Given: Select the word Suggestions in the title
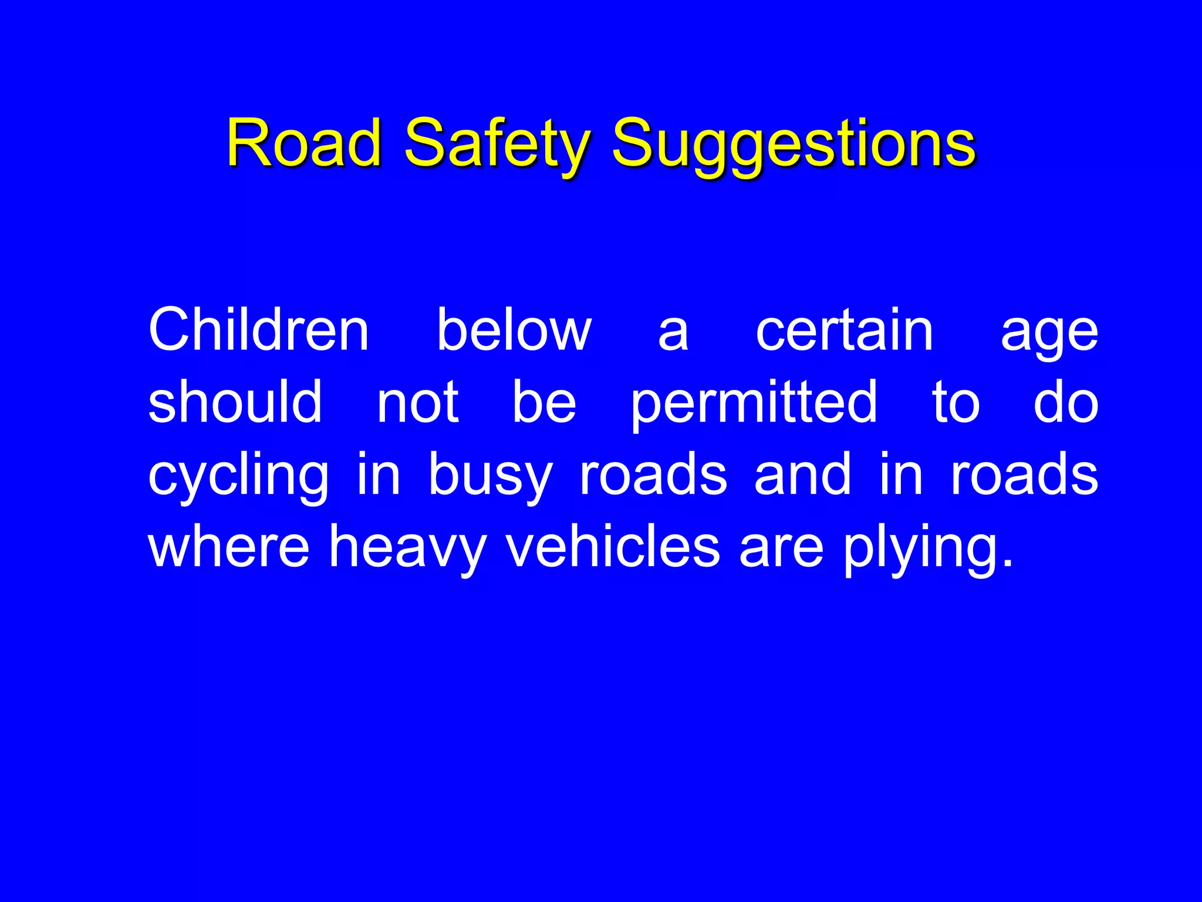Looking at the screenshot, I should click(x=794, y=145).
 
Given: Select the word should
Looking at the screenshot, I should click(x=235, y=402).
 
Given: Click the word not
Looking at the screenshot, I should click(x=417, y=403).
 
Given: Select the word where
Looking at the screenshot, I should click(x=228, y=547).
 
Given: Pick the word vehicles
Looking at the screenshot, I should click(x=613, y=547).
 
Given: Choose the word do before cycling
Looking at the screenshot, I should click(x=1065, y=403).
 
